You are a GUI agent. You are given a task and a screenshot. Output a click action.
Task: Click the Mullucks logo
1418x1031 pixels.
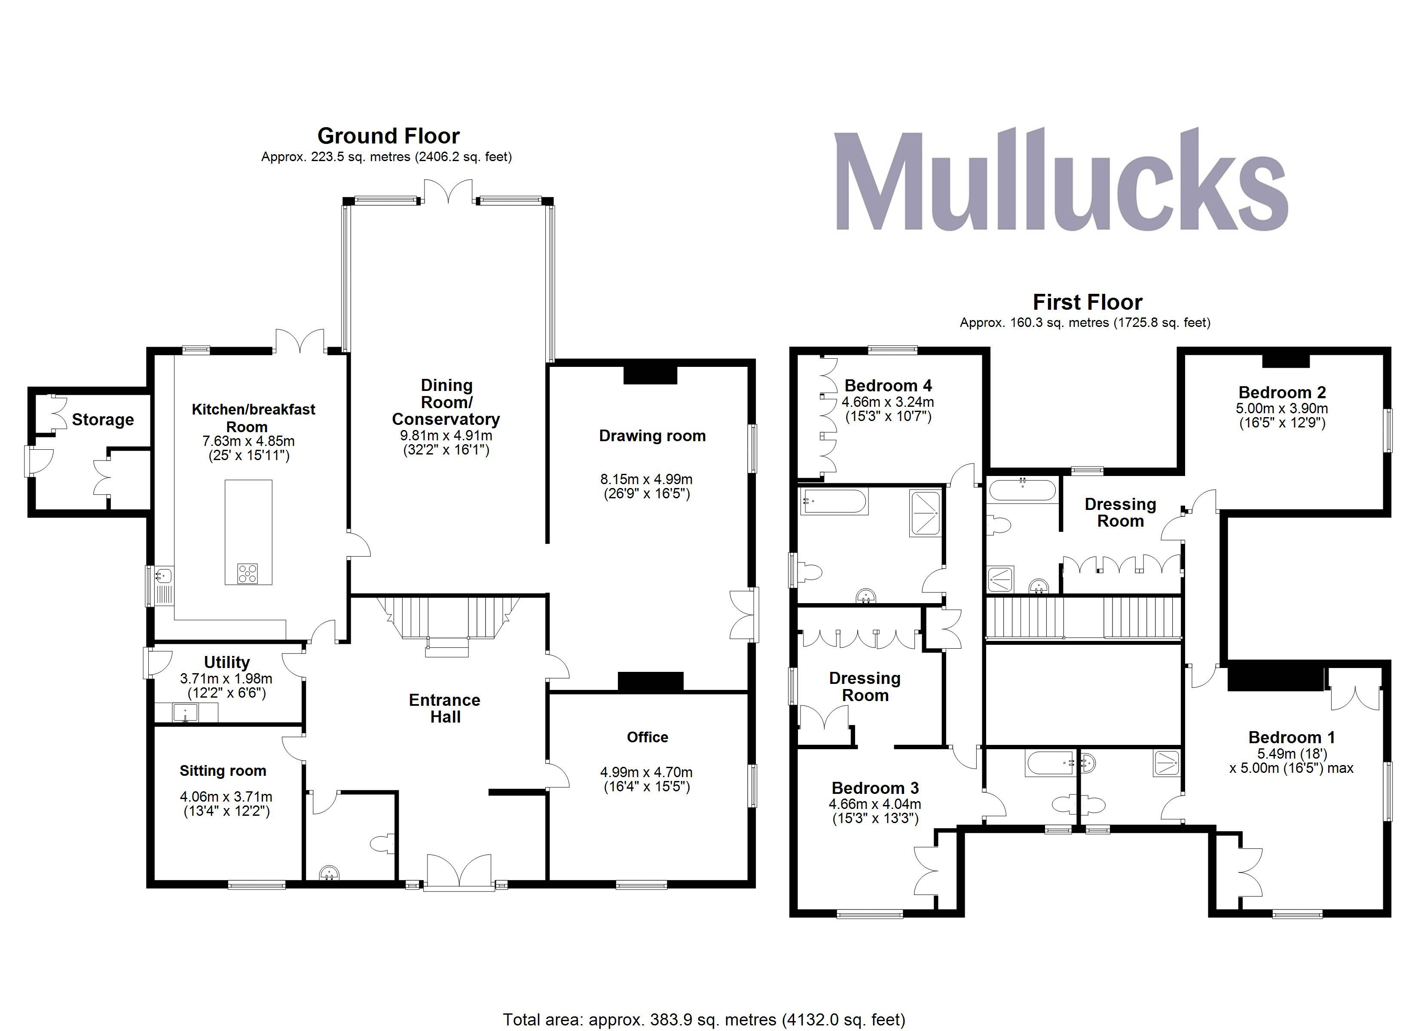pyautogui.click(x=1061, y=181)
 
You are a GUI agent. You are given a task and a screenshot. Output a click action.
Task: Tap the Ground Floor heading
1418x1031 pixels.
pyautogui.click(x=388, y=136)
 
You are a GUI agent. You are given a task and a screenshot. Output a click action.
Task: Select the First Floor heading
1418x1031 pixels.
pyautogui.click(x=1087, y=302)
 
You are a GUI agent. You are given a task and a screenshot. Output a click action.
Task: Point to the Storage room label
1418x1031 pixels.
pyautogui.click(x=103, y=420)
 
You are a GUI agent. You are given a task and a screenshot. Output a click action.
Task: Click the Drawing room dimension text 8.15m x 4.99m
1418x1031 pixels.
pyautogui.click(x=646, y=479)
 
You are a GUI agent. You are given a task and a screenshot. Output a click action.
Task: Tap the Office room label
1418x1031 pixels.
pyautogui.click(x=647, y=737)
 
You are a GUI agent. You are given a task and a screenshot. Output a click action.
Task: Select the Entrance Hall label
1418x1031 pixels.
pyautogui.click(x=445, y=708)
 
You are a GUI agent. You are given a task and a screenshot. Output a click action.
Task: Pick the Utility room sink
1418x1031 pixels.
pyautogui.click(x=186, y=712)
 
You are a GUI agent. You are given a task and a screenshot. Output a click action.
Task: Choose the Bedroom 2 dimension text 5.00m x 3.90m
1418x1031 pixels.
pyautogui.click(x=1282, y=408)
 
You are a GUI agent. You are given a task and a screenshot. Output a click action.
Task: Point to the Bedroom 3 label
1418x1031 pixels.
pyautogui.click(x=875, y=788)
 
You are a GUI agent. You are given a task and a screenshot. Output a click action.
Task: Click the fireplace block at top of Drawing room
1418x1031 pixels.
pyautogui.click(x=650, y=375)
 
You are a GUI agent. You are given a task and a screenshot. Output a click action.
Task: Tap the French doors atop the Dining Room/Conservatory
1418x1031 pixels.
pyautogui.click(x=448, y=191)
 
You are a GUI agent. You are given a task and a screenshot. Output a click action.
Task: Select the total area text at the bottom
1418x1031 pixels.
pyautogui.click(x=704, y=1019)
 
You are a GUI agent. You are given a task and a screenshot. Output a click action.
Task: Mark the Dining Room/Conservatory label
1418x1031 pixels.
pyautogui.click(x=446, y=402)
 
